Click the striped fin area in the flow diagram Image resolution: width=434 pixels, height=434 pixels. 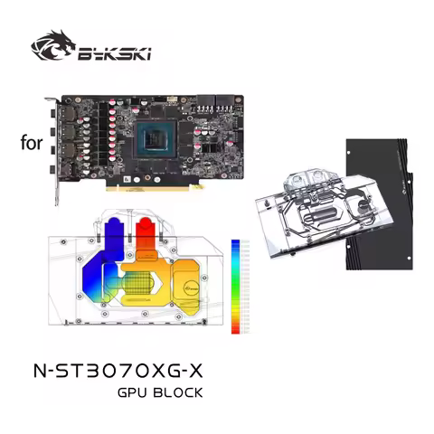pos(141,287)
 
